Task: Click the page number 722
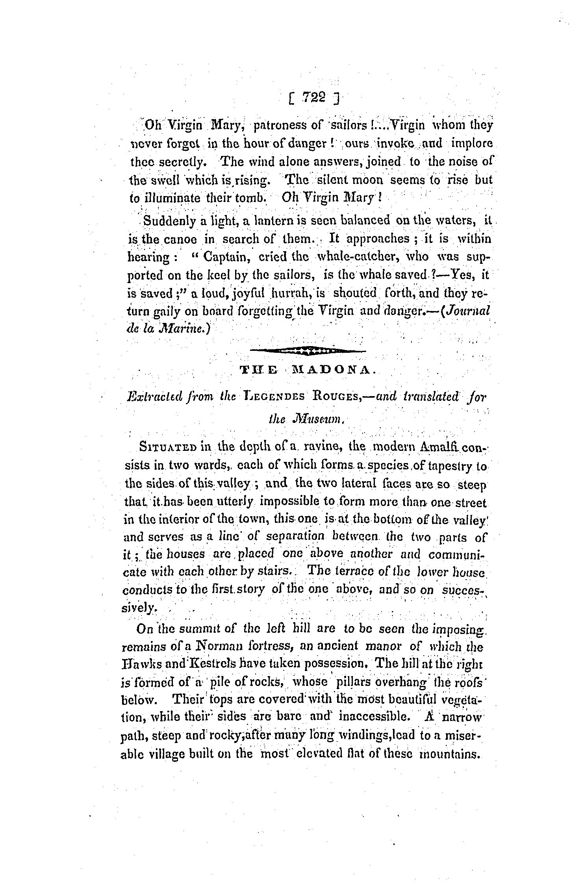[x=313, y=97]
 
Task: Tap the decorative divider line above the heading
[x=308, y=349]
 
